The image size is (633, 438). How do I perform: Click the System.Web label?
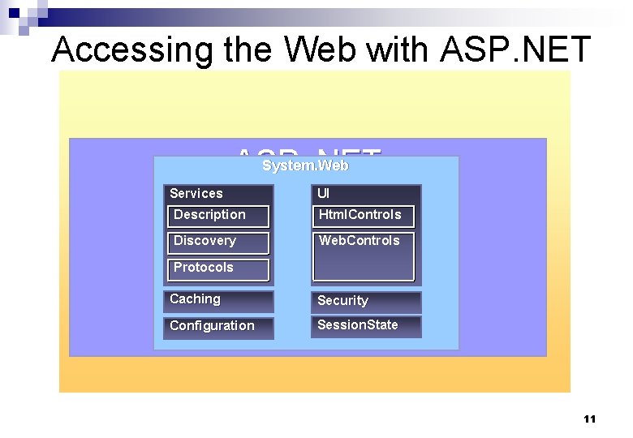coord(305,165)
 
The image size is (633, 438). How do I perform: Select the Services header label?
coord(196,194)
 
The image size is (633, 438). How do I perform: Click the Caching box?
coord(218,301)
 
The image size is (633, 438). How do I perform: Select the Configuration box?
coord(218,327)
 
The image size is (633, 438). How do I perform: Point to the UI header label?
coord(324,194)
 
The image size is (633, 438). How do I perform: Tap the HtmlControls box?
coord(363,216)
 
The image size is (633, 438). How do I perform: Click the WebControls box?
coord(363,255)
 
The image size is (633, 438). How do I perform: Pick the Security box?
coord(366,302)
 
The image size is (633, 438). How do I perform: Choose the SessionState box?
coord(366,326)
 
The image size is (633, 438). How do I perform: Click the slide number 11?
coord(589,419)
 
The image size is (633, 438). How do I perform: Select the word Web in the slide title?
coord(321,50)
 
